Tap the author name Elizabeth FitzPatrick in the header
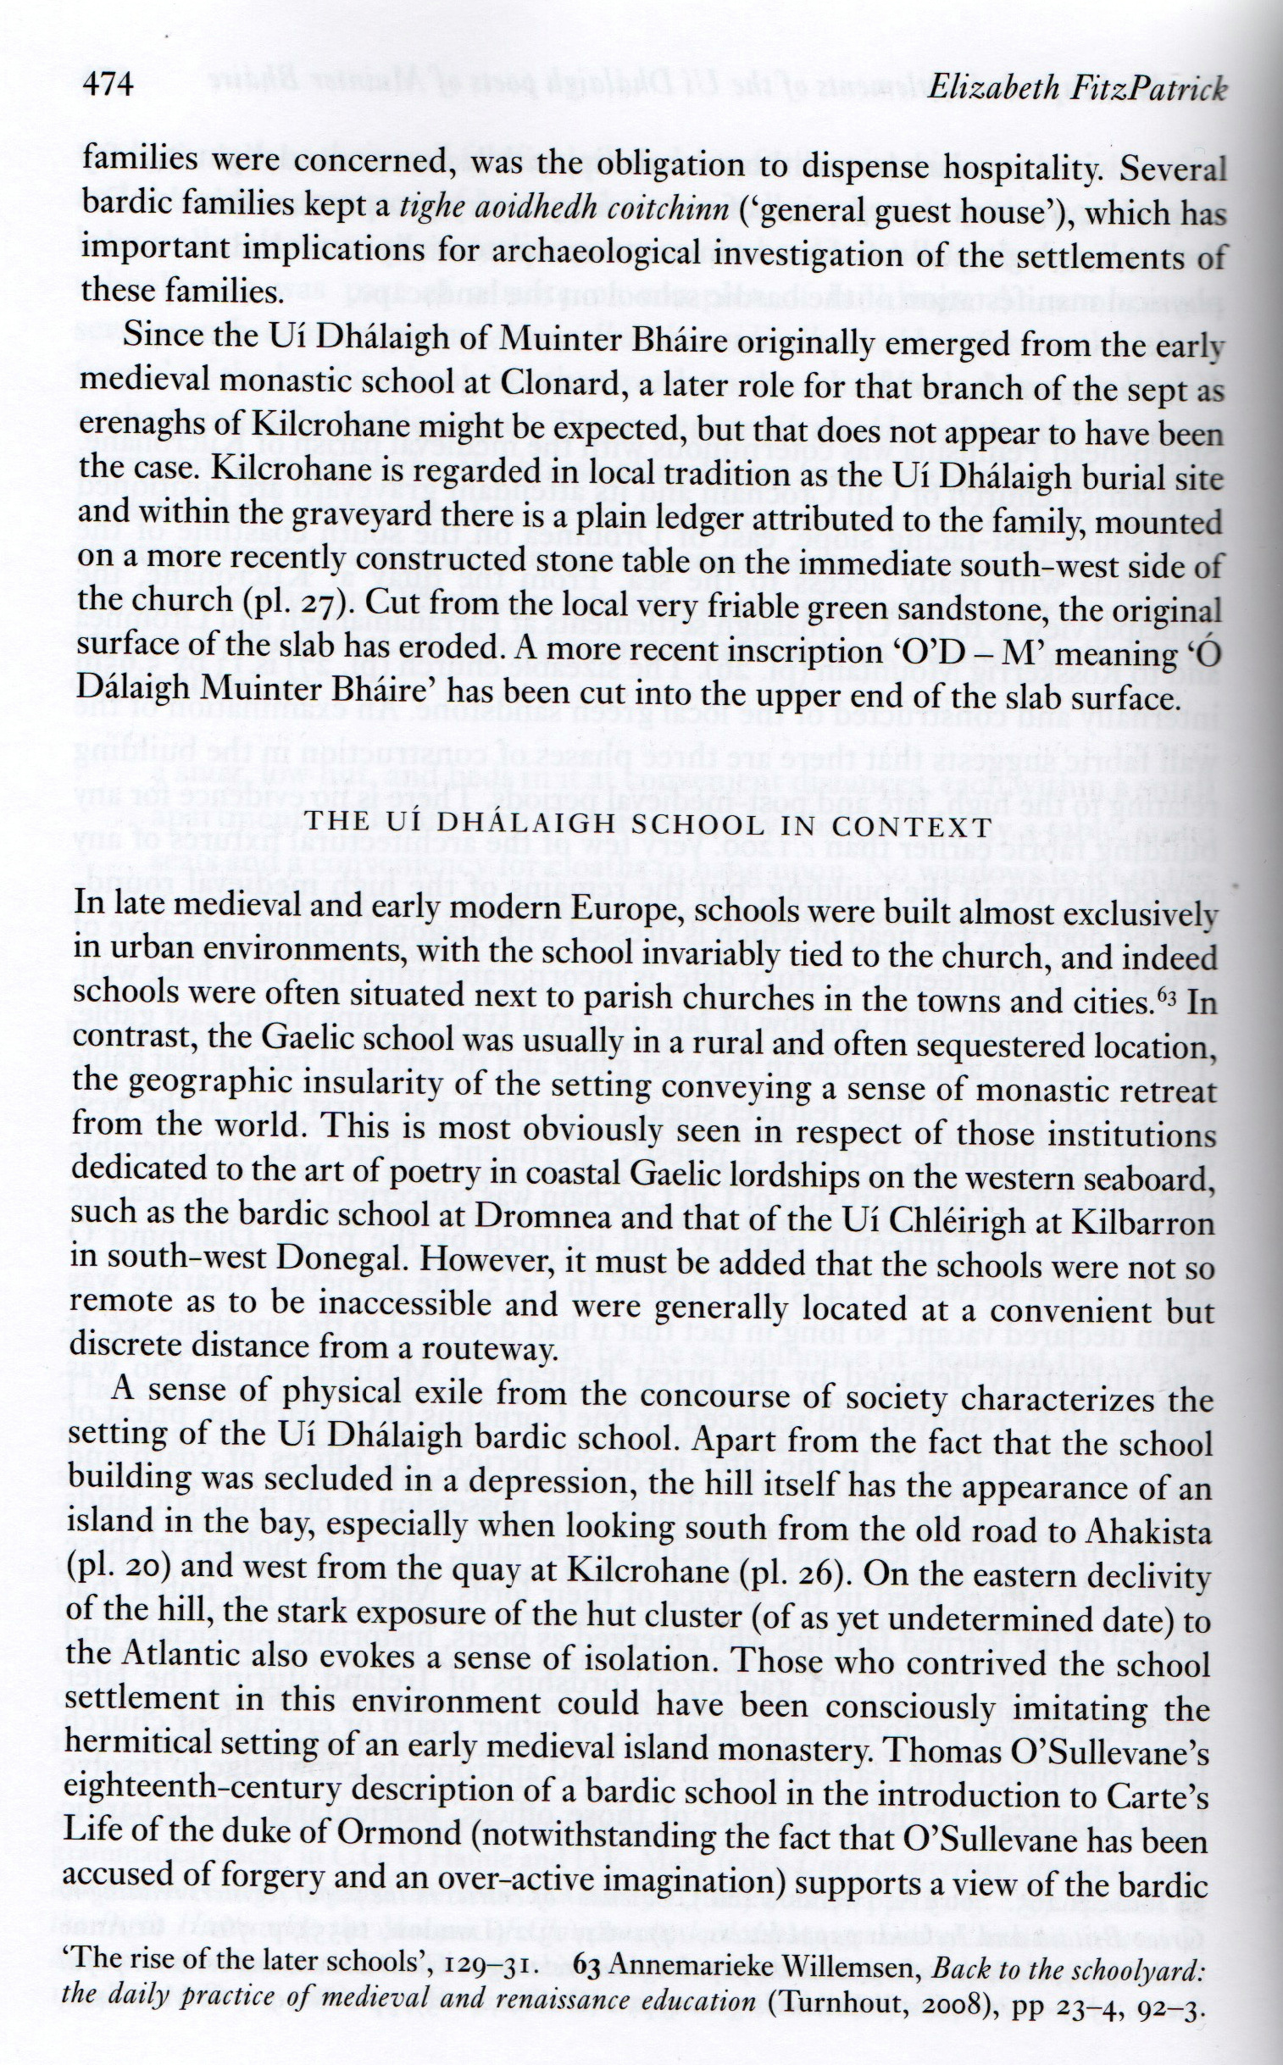[x=1077, y=88]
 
